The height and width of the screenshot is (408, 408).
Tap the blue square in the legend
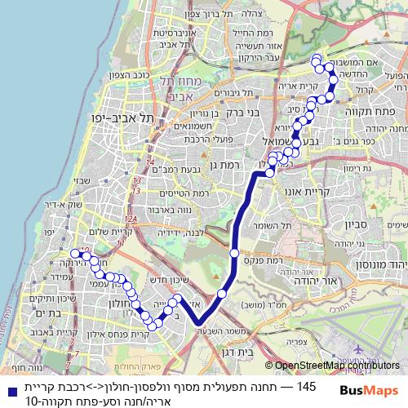7,390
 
